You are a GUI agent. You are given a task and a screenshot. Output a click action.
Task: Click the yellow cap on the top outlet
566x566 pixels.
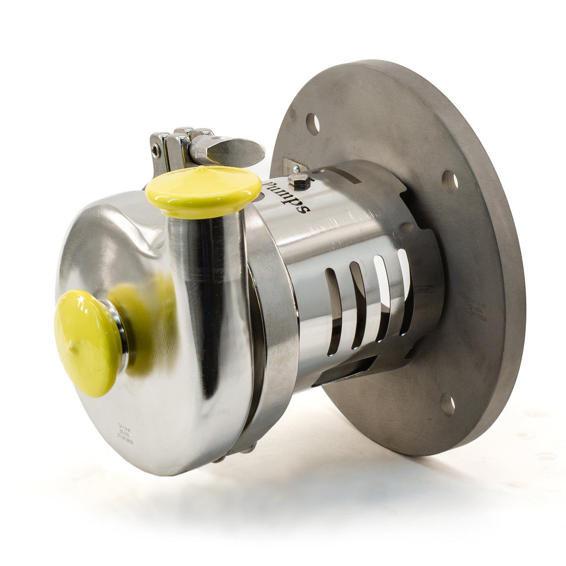pos(203,191)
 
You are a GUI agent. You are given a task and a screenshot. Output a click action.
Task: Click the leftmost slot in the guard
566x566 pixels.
pos(333,311)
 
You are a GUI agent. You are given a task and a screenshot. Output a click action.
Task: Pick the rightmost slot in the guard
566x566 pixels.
pos(405,292)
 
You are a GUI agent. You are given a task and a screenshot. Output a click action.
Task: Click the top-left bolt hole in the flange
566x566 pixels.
pos(313,124)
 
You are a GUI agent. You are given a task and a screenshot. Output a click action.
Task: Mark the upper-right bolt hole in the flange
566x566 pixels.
pos(450,181)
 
